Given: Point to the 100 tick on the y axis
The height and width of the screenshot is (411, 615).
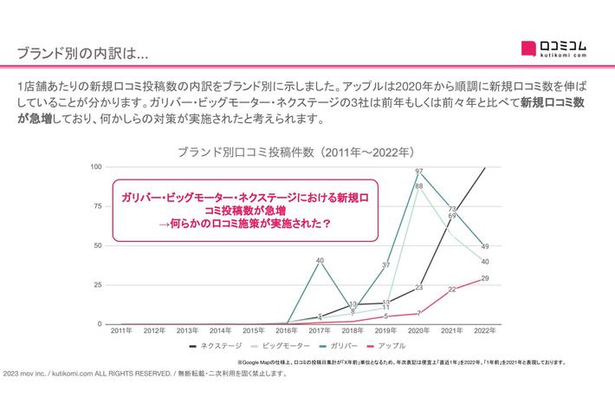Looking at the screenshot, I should click(95, 166).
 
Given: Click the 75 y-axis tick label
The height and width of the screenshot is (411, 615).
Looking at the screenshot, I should click(97, 206).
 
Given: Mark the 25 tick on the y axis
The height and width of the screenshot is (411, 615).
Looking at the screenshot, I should click(97, 285).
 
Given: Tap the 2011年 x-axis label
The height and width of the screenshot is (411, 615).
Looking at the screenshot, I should click(120, 331).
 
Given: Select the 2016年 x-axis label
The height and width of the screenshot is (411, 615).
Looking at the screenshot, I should click(286, 331).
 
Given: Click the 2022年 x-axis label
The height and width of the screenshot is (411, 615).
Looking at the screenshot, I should click(484, 331).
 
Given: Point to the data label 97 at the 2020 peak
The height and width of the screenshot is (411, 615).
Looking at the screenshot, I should click(419, 172).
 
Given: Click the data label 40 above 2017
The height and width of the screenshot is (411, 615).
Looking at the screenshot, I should click(320, 260).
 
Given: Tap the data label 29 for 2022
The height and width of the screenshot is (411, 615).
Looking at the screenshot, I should click(485, 278).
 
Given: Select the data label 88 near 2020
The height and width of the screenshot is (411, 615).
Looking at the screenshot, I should click(419, 186).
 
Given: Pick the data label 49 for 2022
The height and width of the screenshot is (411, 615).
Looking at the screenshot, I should click(485, 246).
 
